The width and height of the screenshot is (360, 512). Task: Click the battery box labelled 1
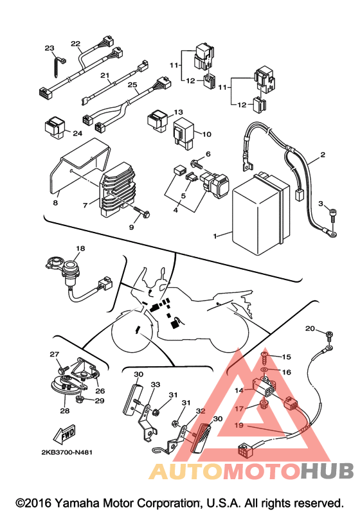click(260, 213)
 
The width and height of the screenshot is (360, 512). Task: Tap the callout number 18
click(80, 249)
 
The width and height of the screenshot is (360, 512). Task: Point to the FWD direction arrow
click(64, 434)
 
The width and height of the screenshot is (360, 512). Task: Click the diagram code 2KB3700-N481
click(67, 452)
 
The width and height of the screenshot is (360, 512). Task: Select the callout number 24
click(77, 133)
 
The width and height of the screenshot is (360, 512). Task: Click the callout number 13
click(178, 112)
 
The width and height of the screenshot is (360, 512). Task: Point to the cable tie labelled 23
click(59, 67)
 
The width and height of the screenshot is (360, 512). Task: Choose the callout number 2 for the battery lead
click(323, 154)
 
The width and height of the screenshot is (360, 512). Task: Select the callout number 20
click(310, 328)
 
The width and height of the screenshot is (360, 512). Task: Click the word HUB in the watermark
click(327, 470)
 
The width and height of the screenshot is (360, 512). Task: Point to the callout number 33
click(156, 384)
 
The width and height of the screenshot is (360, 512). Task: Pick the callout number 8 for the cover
click(55, 203)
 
